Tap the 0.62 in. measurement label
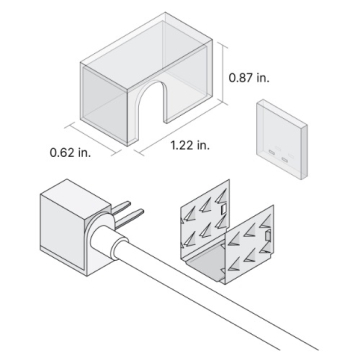[x=69, y=153]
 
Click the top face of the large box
[x=145, y=56]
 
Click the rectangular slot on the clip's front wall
[x=272, y=234]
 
